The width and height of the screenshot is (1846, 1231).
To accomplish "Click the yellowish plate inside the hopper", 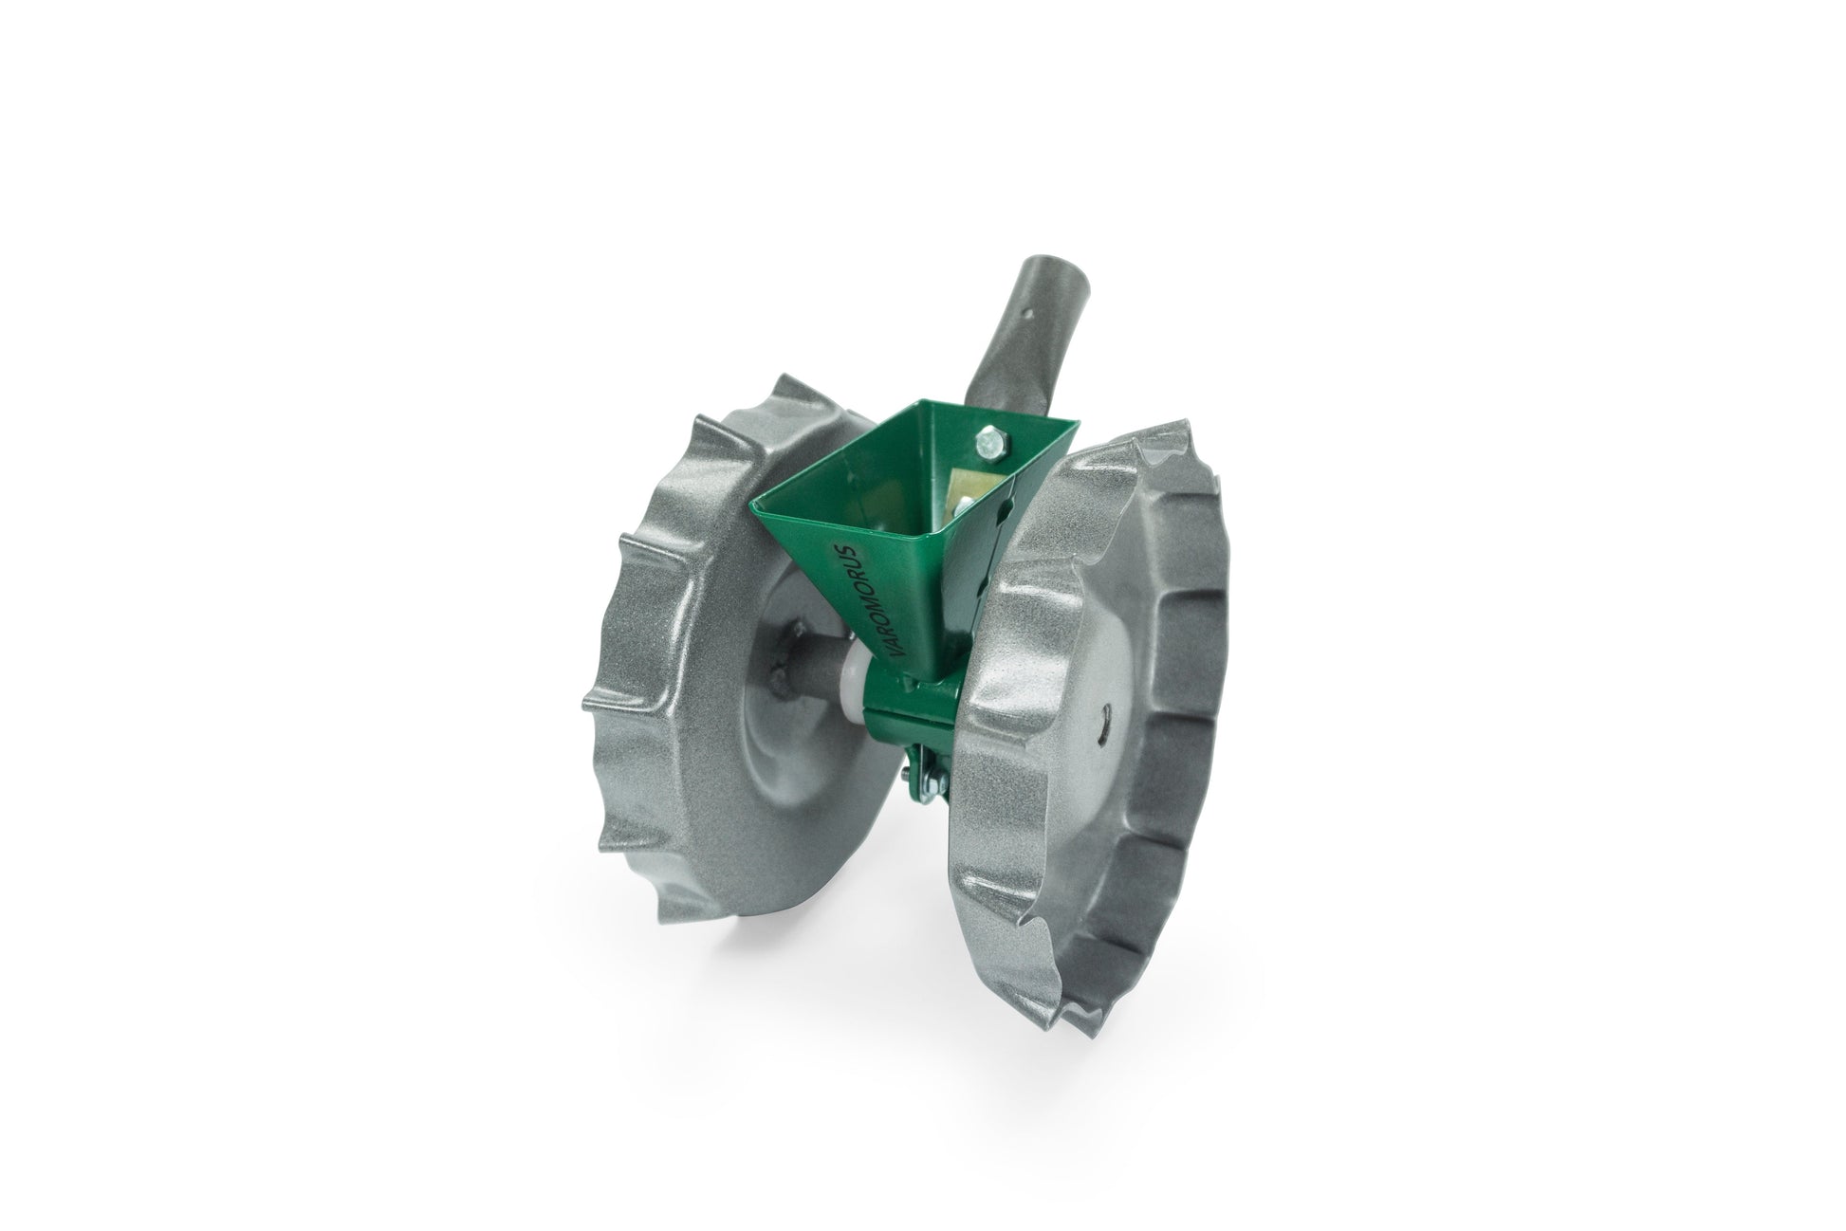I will (x=958, y=498).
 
